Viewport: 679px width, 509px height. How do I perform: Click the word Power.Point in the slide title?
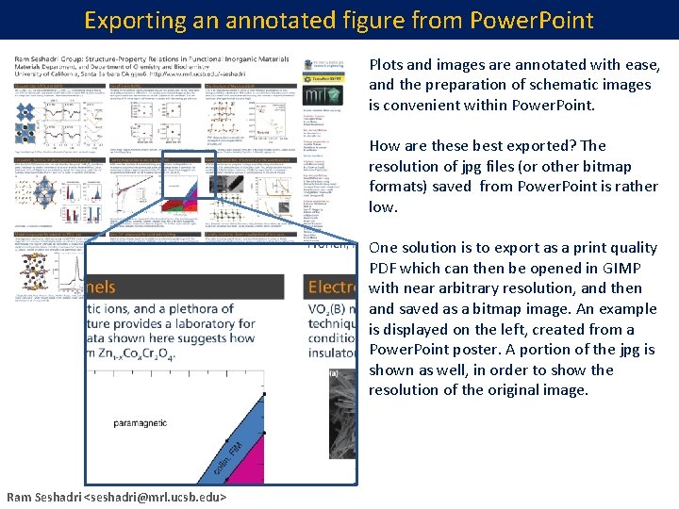click(x=535, y=20)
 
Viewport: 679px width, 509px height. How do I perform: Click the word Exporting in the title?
click(x=128, y=20)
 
